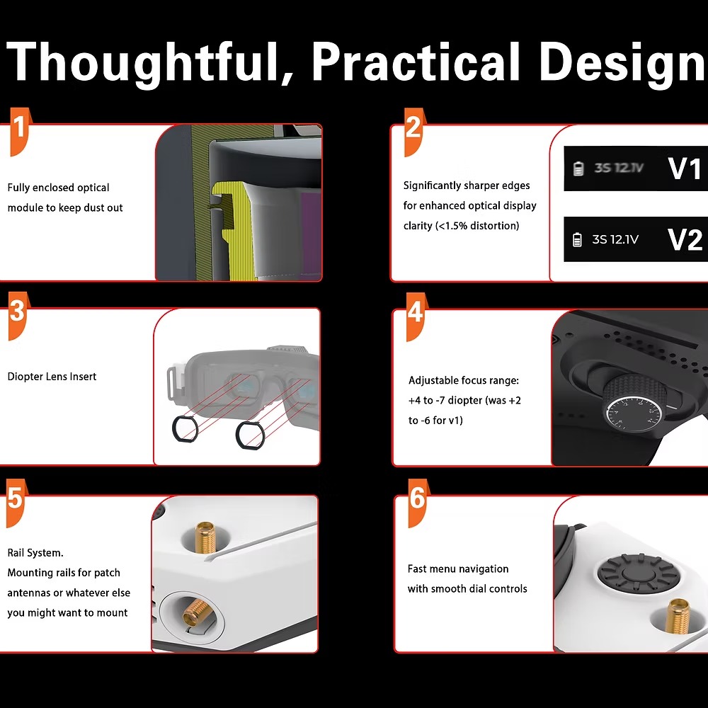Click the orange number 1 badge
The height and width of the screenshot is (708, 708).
(20, 132)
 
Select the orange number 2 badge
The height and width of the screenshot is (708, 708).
(414, 132)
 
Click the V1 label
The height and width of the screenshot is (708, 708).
(685, 169)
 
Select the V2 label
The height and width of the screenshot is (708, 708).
(685, 239)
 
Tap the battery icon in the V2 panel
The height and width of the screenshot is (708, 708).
(577, 239)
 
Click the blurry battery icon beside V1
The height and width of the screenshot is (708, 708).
(578, 169)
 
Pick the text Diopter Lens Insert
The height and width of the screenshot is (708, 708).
(52, 377)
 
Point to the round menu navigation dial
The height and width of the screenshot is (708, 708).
(638, 573)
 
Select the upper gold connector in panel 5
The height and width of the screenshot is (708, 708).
(205, 537)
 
